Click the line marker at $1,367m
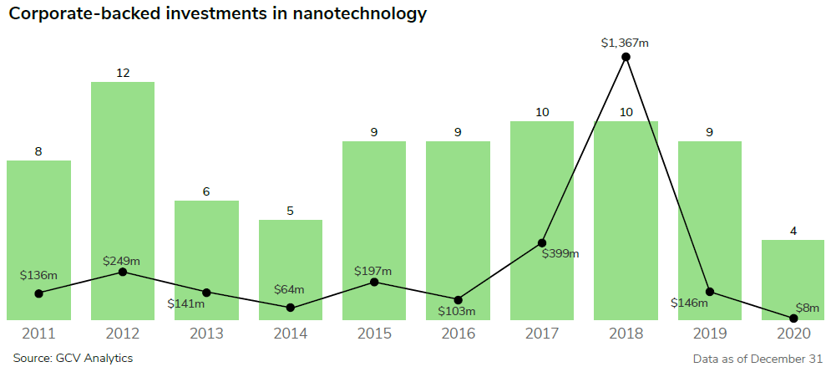coord(626,57)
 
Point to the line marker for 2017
coord(542,242)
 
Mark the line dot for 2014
coord(291,308)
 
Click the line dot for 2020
coord(793,318)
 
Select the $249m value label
coord(121,262)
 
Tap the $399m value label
coord(560,253)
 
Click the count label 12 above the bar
coord(123,73)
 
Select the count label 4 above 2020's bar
coord(793,231)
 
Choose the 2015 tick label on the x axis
coord(374,334)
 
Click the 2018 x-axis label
coord(626,334)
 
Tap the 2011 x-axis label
coord(38,334)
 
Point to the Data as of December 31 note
coord(758,359)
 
